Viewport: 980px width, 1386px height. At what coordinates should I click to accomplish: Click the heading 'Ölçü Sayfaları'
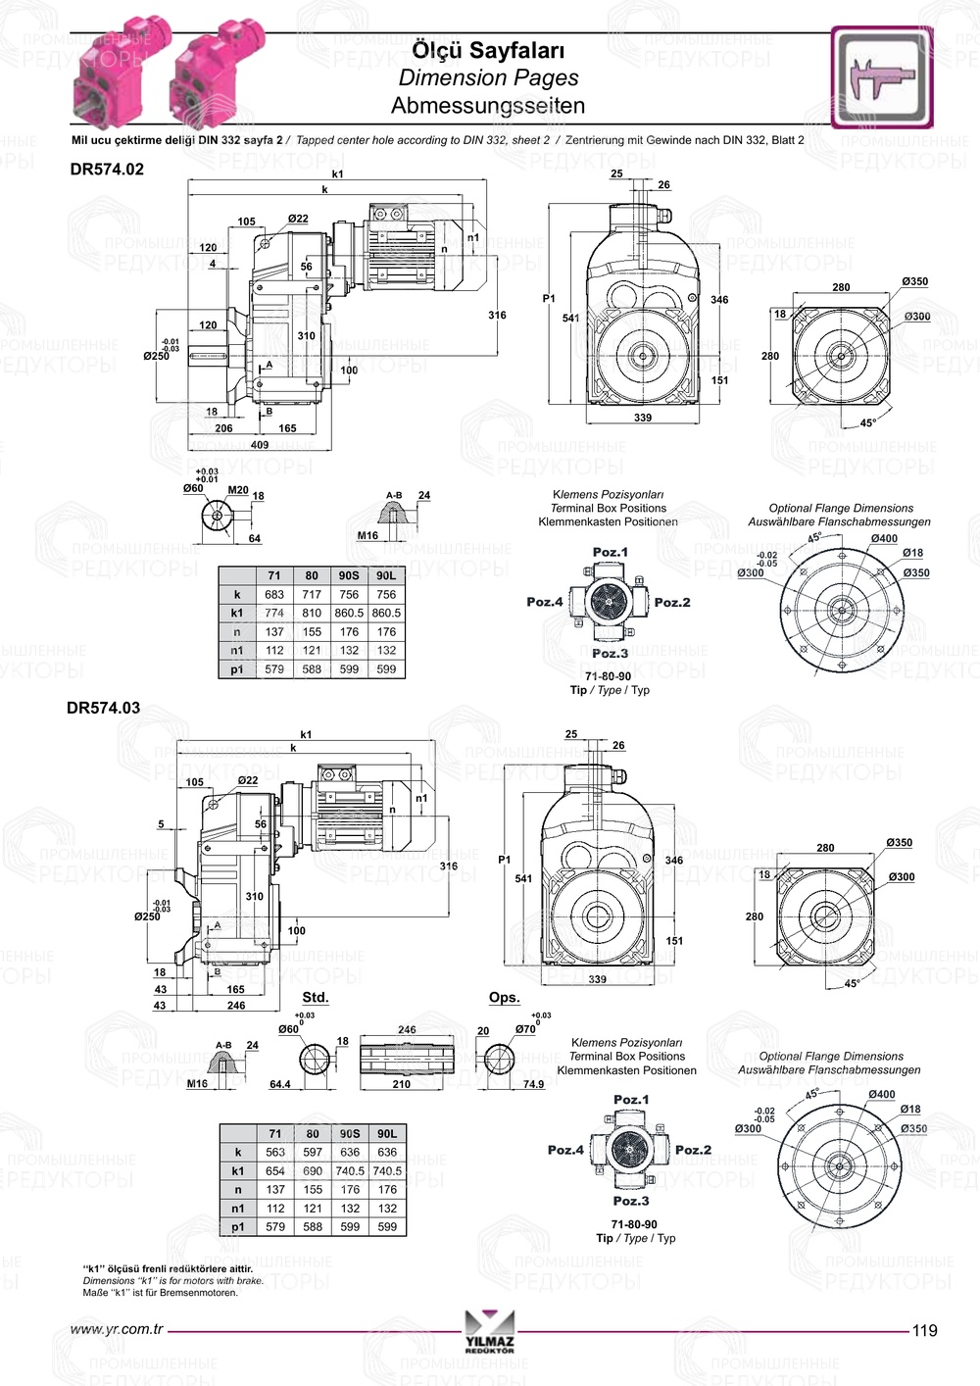point(487,50)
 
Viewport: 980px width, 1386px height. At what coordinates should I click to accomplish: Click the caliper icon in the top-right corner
point(881,77)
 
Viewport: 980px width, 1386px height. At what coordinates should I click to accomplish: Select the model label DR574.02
point(107,170)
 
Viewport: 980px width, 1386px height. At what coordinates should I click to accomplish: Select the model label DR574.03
point(103,708)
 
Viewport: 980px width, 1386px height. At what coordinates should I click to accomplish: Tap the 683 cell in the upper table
point(274,595)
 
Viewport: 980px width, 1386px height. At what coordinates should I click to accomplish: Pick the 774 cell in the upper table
point(274,614)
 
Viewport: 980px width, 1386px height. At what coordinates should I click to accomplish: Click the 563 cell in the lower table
point(275,1153)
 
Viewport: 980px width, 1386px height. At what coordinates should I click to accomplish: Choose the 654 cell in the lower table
point(275,1171)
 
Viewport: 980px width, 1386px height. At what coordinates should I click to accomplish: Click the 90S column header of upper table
point(349,576)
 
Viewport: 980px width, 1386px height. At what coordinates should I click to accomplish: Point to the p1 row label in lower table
point(238,1227)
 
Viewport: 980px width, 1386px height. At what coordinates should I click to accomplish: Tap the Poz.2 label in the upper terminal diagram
point(672,603)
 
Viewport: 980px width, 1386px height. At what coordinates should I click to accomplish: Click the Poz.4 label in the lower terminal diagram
point(565,1151)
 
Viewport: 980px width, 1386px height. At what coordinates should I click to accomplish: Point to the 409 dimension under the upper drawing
point(259,445)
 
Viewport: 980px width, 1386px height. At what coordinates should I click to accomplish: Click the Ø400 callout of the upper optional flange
point(884,539)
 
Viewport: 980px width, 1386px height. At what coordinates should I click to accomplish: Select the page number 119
point(924,1331)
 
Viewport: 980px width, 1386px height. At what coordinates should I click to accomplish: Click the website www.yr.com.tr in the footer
point(117,1331)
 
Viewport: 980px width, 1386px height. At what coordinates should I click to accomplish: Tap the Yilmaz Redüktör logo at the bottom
point(490,1332)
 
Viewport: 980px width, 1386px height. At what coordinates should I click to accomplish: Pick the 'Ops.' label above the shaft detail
point(504,998)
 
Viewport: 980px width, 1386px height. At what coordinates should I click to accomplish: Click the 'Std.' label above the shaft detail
point(315,998)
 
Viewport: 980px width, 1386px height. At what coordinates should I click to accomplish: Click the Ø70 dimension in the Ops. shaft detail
point(526,1029)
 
